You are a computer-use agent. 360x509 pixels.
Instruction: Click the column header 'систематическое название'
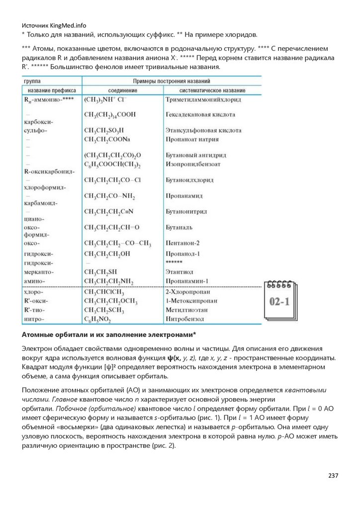pos(212,91)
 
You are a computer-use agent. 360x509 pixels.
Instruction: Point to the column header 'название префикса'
pos(52,91)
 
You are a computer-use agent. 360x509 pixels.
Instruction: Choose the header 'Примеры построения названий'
pos(171,81)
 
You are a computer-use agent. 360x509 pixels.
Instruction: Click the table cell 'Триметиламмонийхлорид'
pos(203,100)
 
